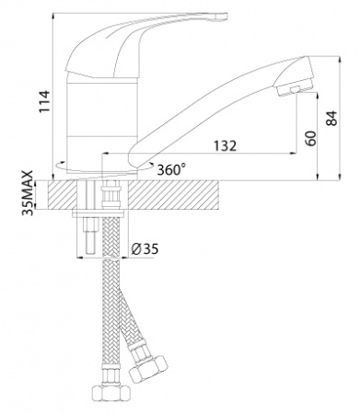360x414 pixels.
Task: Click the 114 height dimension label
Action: coord(44,101)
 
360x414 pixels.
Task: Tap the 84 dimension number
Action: coord(331,118)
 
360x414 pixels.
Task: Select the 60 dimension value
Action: coord(310,138)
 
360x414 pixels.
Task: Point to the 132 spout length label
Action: coord(226,146)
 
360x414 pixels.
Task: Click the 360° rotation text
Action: coord(171,169)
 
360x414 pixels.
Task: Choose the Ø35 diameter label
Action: coord(145,249)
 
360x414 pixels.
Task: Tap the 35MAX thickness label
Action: coord(28,193)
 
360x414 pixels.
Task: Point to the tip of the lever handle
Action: coord(226,16)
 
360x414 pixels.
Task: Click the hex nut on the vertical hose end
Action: coord(111,394)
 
